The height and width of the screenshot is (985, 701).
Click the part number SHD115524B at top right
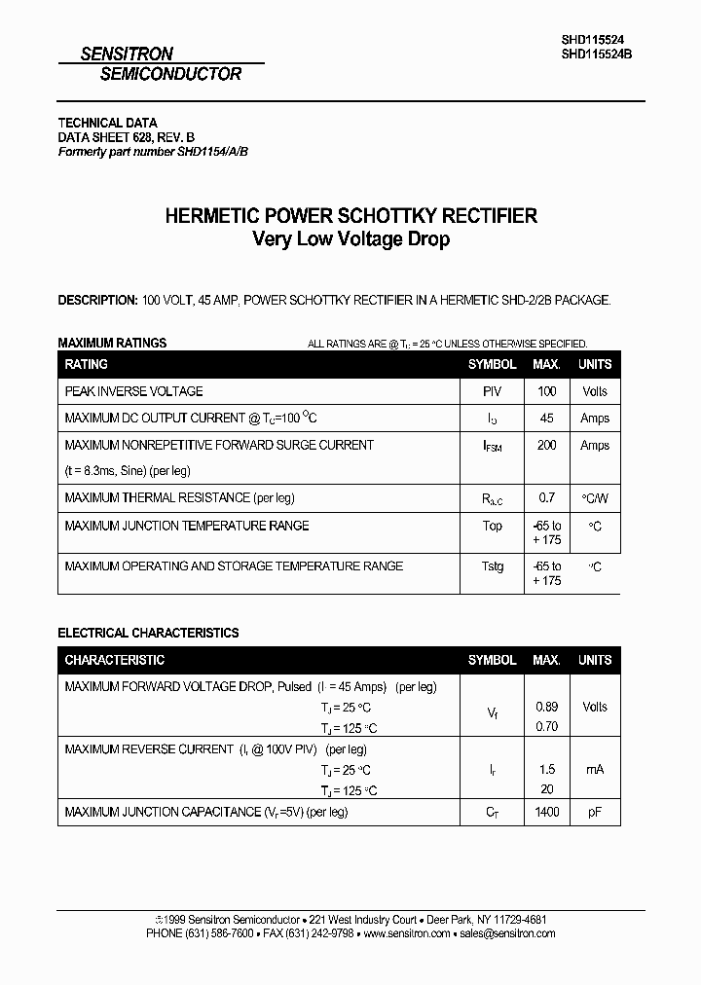[597, 55]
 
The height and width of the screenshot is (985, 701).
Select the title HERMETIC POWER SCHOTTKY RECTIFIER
[350, 216]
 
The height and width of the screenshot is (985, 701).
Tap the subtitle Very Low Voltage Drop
[350, 239]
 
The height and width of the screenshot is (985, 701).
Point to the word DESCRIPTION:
[97, 301]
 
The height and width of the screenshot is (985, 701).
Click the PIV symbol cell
[493, 391]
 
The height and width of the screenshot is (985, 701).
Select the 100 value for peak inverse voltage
[547, 391]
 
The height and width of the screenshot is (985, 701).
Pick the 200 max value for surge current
[547, 445]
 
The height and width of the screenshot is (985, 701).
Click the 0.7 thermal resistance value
[547, 498]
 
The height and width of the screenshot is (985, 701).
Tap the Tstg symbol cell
[493, 566]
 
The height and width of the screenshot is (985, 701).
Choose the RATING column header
[87, 364]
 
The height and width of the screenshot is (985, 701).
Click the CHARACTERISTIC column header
[115, 660]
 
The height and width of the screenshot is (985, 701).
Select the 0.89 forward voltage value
[547, 707]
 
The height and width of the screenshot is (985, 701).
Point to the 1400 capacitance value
[547, 812]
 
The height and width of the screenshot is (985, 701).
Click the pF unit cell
[595, 812]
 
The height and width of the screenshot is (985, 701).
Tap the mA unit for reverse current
[595, 770]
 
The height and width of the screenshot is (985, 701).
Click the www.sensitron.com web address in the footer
[407, 933]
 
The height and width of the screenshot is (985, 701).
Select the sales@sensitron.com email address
[507, 933]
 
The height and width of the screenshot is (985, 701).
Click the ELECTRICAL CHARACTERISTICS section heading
[148, 633]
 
